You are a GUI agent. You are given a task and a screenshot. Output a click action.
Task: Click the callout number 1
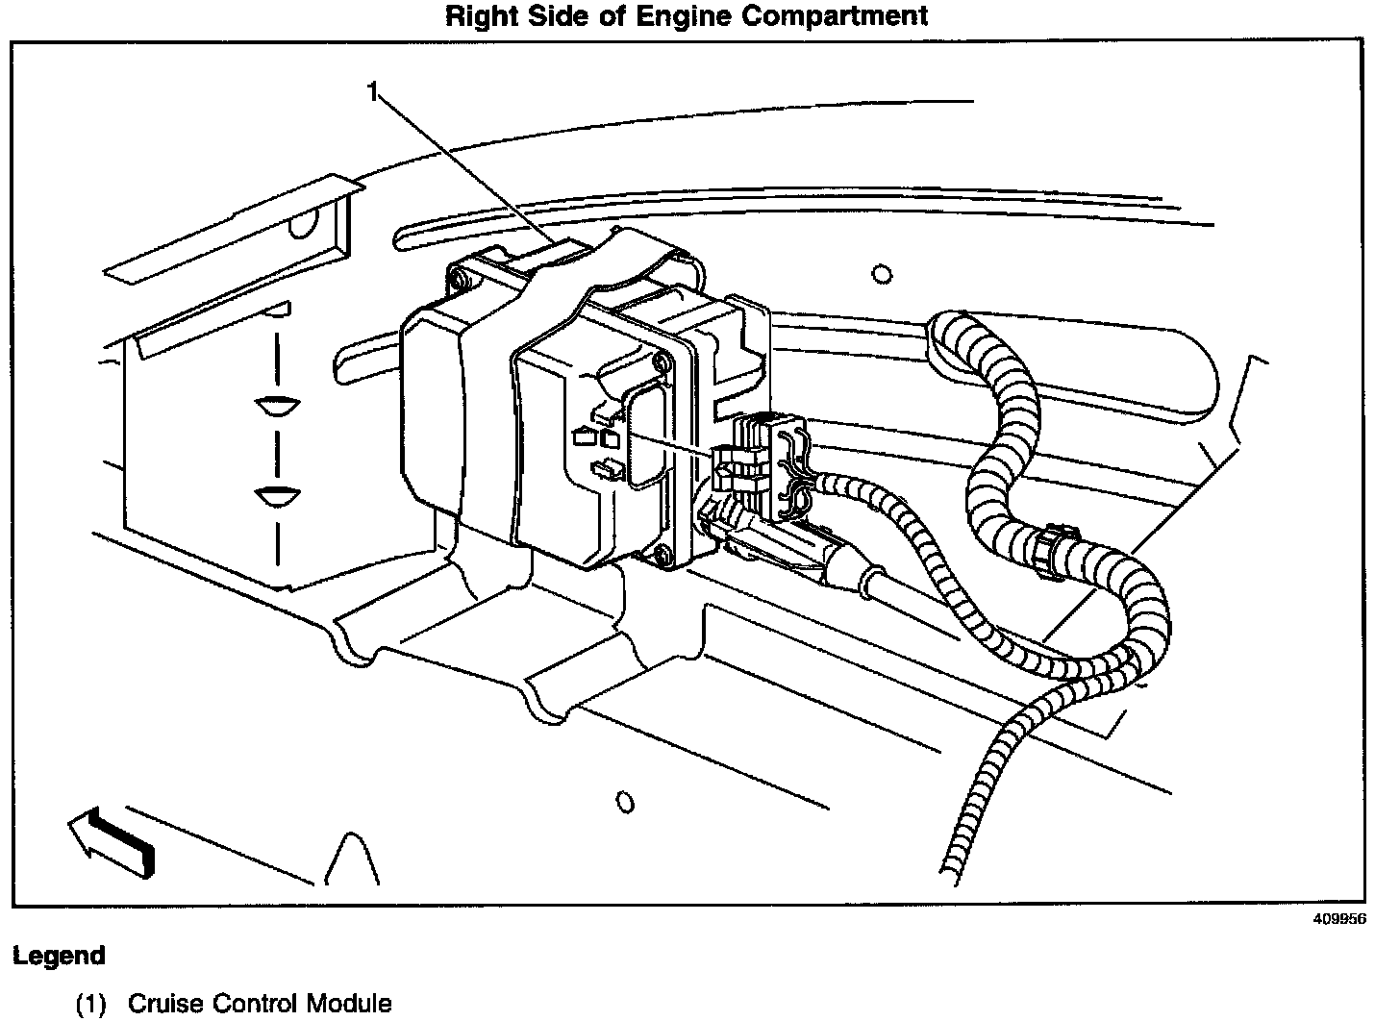click(x=373, y=92)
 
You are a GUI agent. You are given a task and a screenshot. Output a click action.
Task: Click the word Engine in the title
click(x=684, y=16)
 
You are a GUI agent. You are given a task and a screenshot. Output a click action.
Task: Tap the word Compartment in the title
click(x=835, y=16)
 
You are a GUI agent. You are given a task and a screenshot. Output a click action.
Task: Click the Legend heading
click(x=59, y=957)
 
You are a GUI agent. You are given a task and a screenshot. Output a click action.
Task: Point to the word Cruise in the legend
click(x=165, y=1004)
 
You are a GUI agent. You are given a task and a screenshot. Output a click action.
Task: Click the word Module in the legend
click(x=349, y=1004)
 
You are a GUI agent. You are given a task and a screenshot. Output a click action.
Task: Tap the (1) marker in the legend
click(x=91, y=1004)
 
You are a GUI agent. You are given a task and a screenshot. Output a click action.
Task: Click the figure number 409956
click(x=1339, y=918)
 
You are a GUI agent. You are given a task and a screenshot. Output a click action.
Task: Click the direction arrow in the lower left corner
click(x=112, y=840)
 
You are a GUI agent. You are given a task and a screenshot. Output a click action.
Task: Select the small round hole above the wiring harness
click(x=881, y=274)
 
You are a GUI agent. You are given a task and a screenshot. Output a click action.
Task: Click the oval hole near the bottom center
click(x=625, y=802)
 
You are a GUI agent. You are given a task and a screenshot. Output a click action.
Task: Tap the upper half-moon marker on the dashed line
click(x=277, y=406)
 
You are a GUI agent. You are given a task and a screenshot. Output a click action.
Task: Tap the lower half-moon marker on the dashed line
click(x=277, y=497)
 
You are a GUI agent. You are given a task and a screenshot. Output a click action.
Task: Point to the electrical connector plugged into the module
click(x=758, y=463)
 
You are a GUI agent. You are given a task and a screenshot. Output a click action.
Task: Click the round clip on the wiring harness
click(x=1055, y=551)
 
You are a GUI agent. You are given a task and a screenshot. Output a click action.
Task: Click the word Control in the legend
click(x=255, y=1004)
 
